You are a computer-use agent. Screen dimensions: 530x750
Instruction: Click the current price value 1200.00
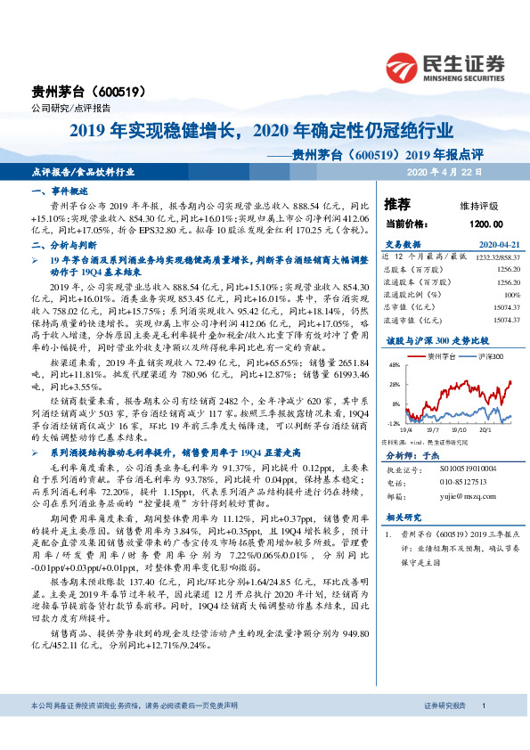[x=485, y=225]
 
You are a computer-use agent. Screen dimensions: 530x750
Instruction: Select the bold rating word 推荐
[x=397, y=204]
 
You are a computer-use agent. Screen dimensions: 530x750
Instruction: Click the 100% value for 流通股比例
[x=510, y=293]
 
